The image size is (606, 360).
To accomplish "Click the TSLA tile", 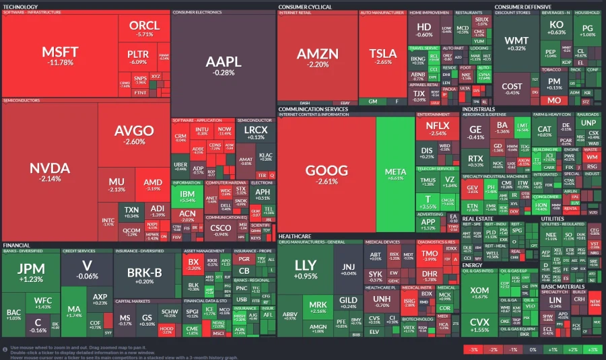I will pyautogui.click(x=383, y=57).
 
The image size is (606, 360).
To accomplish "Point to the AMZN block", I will pyautogui.click(x=314, y=57).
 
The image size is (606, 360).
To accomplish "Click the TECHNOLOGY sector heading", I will pyautogui.click(x=20, y=6).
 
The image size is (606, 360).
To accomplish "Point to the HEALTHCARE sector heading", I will pyautogui.click(x=295, y=236).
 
